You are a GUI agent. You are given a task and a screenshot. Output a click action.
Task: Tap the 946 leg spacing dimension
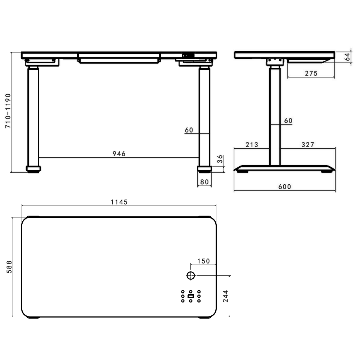(119, 154)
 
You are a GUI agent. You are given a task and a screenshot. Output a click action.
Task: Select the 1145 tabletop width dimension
(119, 202)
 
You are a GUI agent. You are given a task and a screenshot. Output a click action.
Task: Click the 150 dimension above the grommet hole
(203, 261)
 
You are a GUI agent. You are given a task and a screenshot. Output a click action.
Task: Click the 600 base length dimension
(284, 186)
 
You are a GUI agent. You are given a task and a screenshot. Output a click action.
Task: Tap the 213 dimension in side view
(252, 145)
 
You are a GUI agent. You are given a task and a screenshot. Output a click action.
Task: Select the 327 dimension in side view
(308, 145)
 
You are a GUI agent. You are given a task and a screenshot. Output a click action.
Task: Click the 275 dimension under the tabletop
(311, 73)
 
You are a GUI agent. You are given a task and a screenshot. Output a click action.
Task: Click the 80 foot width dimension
(204, 182)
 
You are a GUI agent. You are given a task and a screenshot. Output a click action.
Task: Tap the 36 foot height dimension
(220, 160)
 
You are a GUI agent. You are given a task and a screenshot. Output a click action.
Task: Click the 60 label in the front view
(189, 130)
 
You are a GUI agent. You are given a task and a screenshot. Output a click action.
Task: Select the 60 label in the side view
(288, 121)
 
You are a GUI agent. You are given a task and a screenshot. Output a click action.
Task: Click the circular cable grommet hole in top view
(191, 276)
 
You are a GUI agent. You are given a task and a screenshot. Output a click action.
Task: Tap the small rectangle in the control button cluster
(191, 296)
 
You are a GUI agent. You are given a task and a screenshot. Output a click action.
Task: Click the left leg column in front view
(33, 115)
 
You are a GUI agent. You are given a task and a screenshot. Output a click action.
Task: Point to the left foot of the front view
(33, 168)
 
